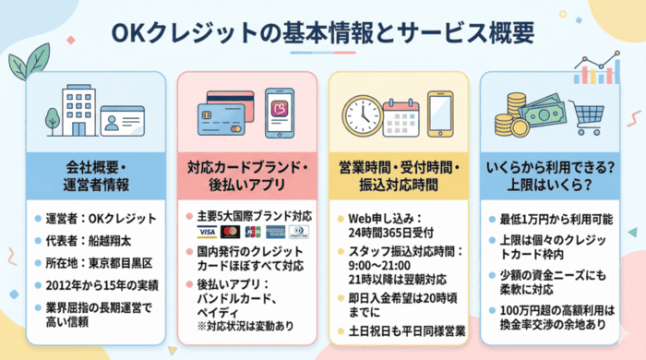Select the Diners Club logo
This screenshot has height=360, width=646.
(297, 231)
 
